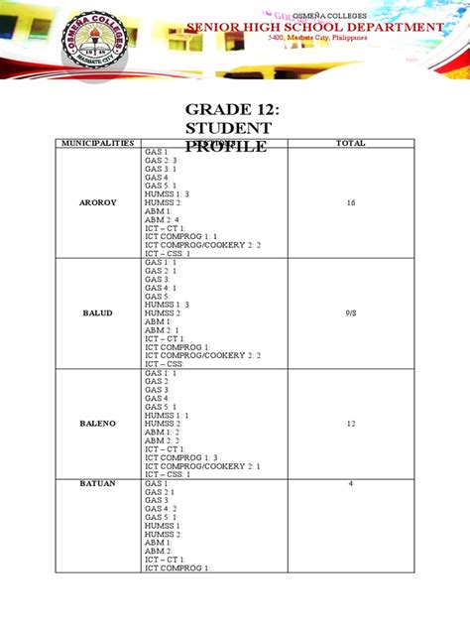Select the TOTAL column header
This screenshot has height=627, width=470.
pyautogui.click(x=350, y=143)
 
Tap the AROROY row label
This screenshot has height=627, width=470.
pyautogui.click(x=97, y=201)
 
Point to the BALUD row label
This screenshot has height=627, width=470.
pyautogui.click(x=97, y=313)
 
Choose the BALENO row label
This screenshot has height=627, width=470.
pyautogui.click(x=97, y=423)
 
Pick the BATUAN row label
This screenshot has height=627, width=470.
pyautogui.click(x=97, y=483)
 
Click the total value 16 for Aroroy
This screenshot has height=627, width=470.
pyautogui.click(x=350, y=201)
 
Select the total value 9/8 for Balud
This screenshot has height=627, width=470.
pyautogui.click(x=350, y=313)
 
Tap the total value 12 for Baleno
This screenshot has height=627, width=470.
pyautogui.click(x=350, y=423)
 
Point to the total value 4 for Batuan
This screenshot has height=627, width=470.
pyautogui.click(x=350, y=483)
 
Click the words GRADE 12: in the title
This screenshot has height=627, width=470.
pyautogui.click(x=227, y=109)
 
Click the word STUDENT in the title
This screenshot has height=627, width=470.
pyautogui.click(x=229, y=129)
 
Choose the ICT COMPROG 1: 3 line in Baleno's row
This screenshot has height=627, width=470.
pyautogui.click(x=179, y=457)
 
